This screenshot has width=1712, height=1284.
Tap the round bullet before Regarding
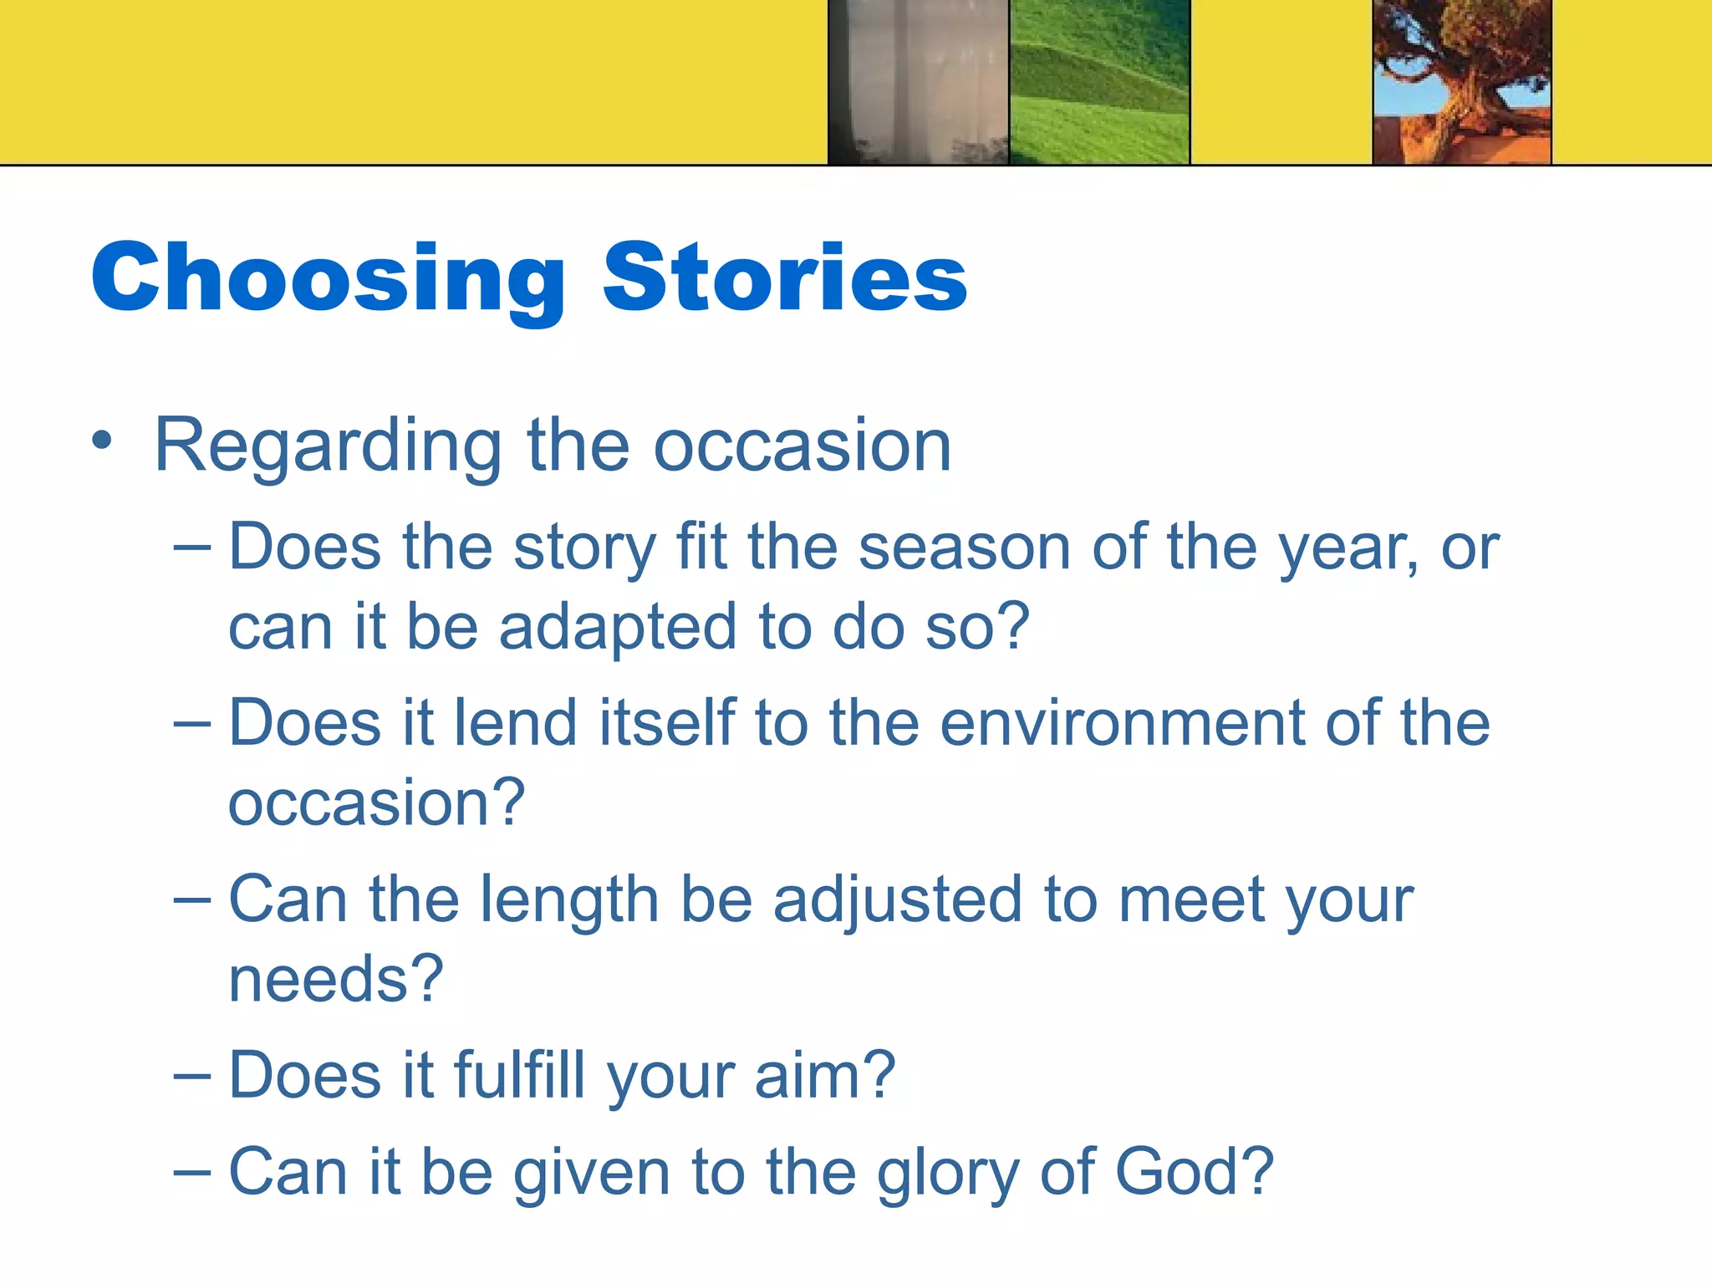[102, 441]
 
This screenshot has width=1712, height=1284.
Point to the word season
[965, 549]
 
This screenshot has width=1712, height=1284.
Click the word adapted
[618, 628]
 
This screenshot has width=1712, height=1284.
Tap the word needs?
[335, 980]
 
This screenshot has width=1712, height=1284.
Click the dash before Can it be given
[192, 1174]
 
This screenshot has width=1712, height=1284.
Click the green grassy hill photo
[1099, 82]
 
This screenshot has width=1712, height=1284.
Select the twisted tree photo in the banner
[1462, 82]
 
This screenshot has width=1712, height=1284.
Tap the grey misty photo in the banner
[918, 82]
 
